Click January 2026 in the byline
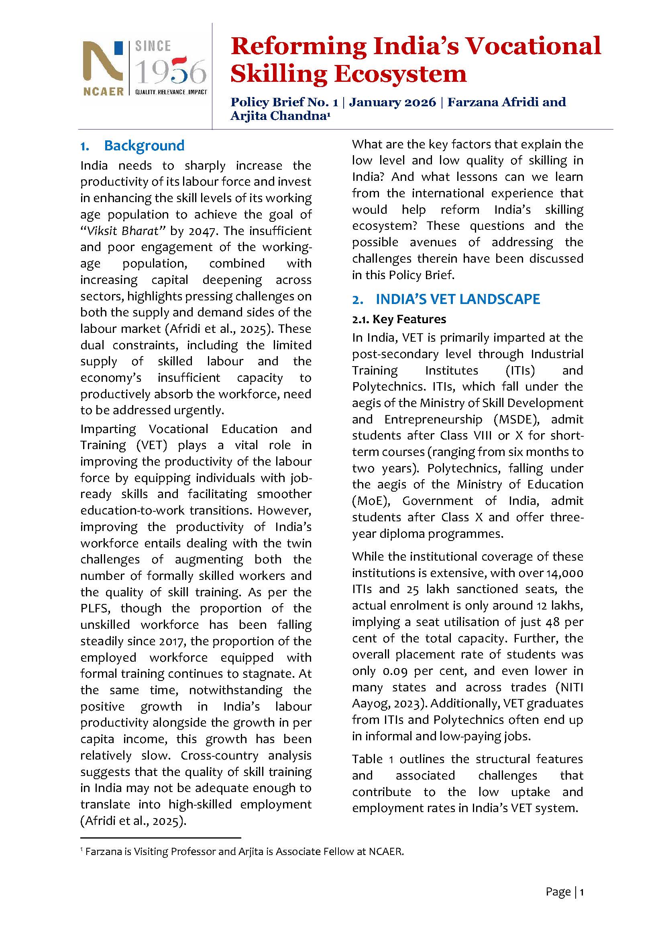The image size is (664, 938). pyautogui.click(x=393, y=102)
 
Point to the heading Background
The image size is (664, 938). pyautogui.click(x=144, y=146)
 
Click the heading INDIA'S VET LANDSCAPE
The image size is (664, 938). pyautogui.click(x=458, y=299)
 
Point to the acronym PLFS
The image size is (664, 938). pyautogui.click(x=95, y=608)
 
